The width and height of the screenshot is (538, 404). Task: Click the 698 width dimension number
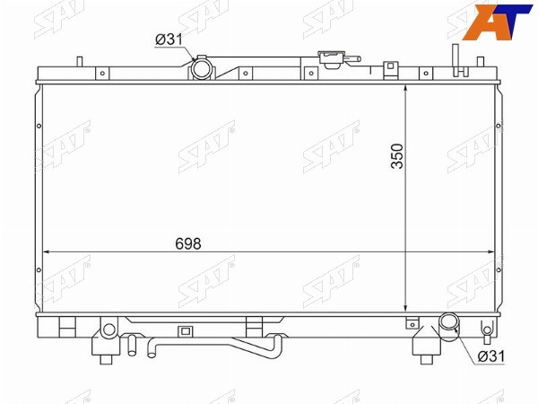[188, 243]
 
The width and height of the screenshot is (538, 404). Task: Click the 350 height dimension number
[397, 156]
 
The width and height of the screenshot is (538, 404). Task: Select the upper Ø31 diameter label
[169, 40]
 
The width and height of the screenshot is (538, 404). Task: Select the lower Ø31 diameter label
[491, 356]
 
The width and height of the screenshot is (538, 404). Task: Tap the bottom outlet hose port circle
[449, 322]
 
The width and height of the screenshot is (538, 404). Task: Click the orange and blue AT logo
[498, 22]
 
